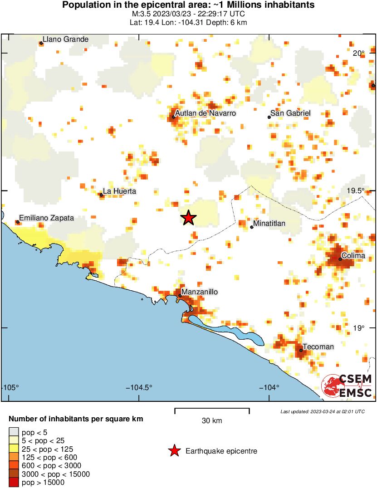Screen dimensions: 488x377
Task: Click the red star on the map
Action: point(188,218)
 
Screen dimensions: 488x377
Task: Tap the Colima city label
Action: point(353,256)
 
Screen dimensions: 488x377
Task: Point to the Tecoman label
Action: point(318,347)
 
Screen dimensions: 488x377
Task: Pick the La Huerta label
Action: point(119,191)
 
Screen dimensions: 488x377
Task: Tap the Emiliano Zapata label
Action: point(46,218)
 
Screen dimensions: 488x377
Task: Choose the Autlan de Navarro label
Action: point(206,113)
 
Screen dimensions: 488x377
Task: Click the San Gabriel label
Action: point(290,113)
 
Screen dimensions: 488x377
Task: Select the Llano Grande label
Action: point(65,39)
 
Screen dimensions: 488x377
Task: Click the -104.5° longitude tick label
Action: point(139,387)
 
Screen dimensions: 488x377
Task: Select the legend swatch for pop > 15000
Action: point(14,483)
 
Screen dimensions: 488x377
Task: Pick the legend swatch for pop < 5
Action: point(14,432)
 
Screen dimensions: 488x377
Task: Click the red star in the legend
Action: point(174,451)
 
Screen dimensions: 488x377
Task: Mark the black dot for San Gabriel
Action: point(269,117)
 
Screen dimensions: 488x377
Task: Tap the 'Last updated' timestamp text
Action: point(322,411)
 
